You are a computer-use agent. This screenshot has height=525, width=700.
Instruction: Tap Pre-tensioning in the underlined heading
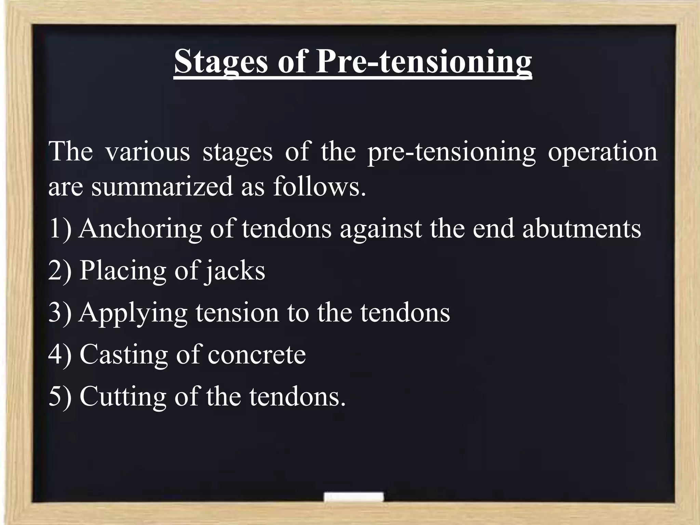(x=423, y=62)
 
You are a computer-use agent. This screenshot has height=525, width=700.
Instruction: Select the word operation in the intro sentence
(x=603, y=152)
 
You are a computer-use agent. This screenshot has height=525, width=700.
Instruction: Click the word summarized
(x=162, y=187)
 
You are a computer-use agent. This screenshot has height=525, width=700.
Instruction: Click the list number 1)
(x=60, y=229)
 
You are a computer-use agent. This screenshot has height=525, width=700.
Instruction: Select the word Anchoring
(x=140, y=229)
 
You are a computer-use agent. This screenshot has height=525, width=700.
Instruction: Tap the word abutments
(x=581, y=229)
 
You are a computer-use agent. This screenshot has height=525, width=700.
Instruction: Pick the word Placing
(x=123, y=271)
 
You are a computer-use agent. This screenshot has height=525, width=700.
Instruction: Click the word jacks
(x=234, y=271)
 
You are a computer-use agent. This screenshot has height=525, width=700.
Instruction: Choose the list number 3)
(x=60, y=312)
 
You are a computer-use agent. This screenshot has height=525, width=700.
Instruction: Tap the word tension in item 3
(x=237, y=312)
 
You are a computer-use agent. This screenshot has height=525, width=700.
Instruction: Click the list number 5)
(x=60, y=396)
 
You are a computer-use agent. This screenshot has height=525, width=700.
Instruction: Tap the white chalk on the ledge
(x=353, y=497)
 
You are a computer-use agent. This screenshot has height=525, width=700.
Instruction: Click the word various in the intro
(x=147, y=152)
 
